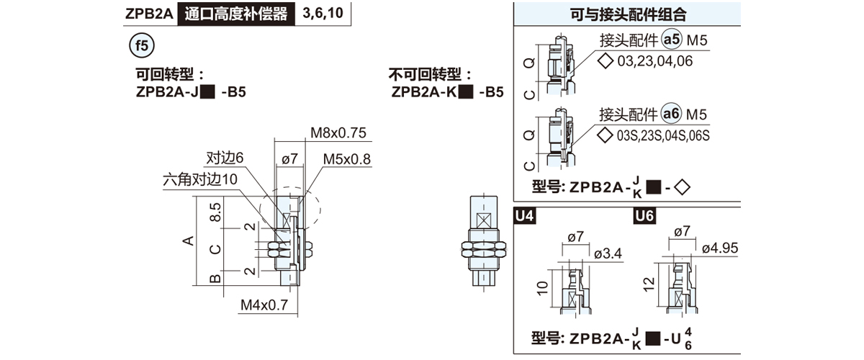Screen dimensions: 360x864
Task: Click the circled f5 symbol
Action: tap(141, 46)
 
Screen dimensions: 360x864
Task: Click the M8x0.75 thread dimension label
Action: tap(338, 132)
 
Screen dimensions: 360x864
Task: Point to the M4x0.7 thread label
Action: tap(264, 305)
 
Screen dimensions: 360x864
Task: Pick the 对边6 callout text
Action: tap(225, 158)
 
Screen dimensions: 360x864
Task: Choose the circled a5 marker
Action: tap(671, 40)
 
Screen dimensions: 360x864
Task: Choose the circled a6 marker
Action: tap(671, 114)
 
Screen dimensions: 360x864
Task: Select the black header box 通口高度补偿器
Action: tap(235, 14)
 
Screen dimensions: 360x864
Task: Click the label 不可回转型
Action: tap(430, 74)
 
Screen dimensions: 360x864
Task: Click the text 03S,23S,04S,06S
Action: tap(663, 135)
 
